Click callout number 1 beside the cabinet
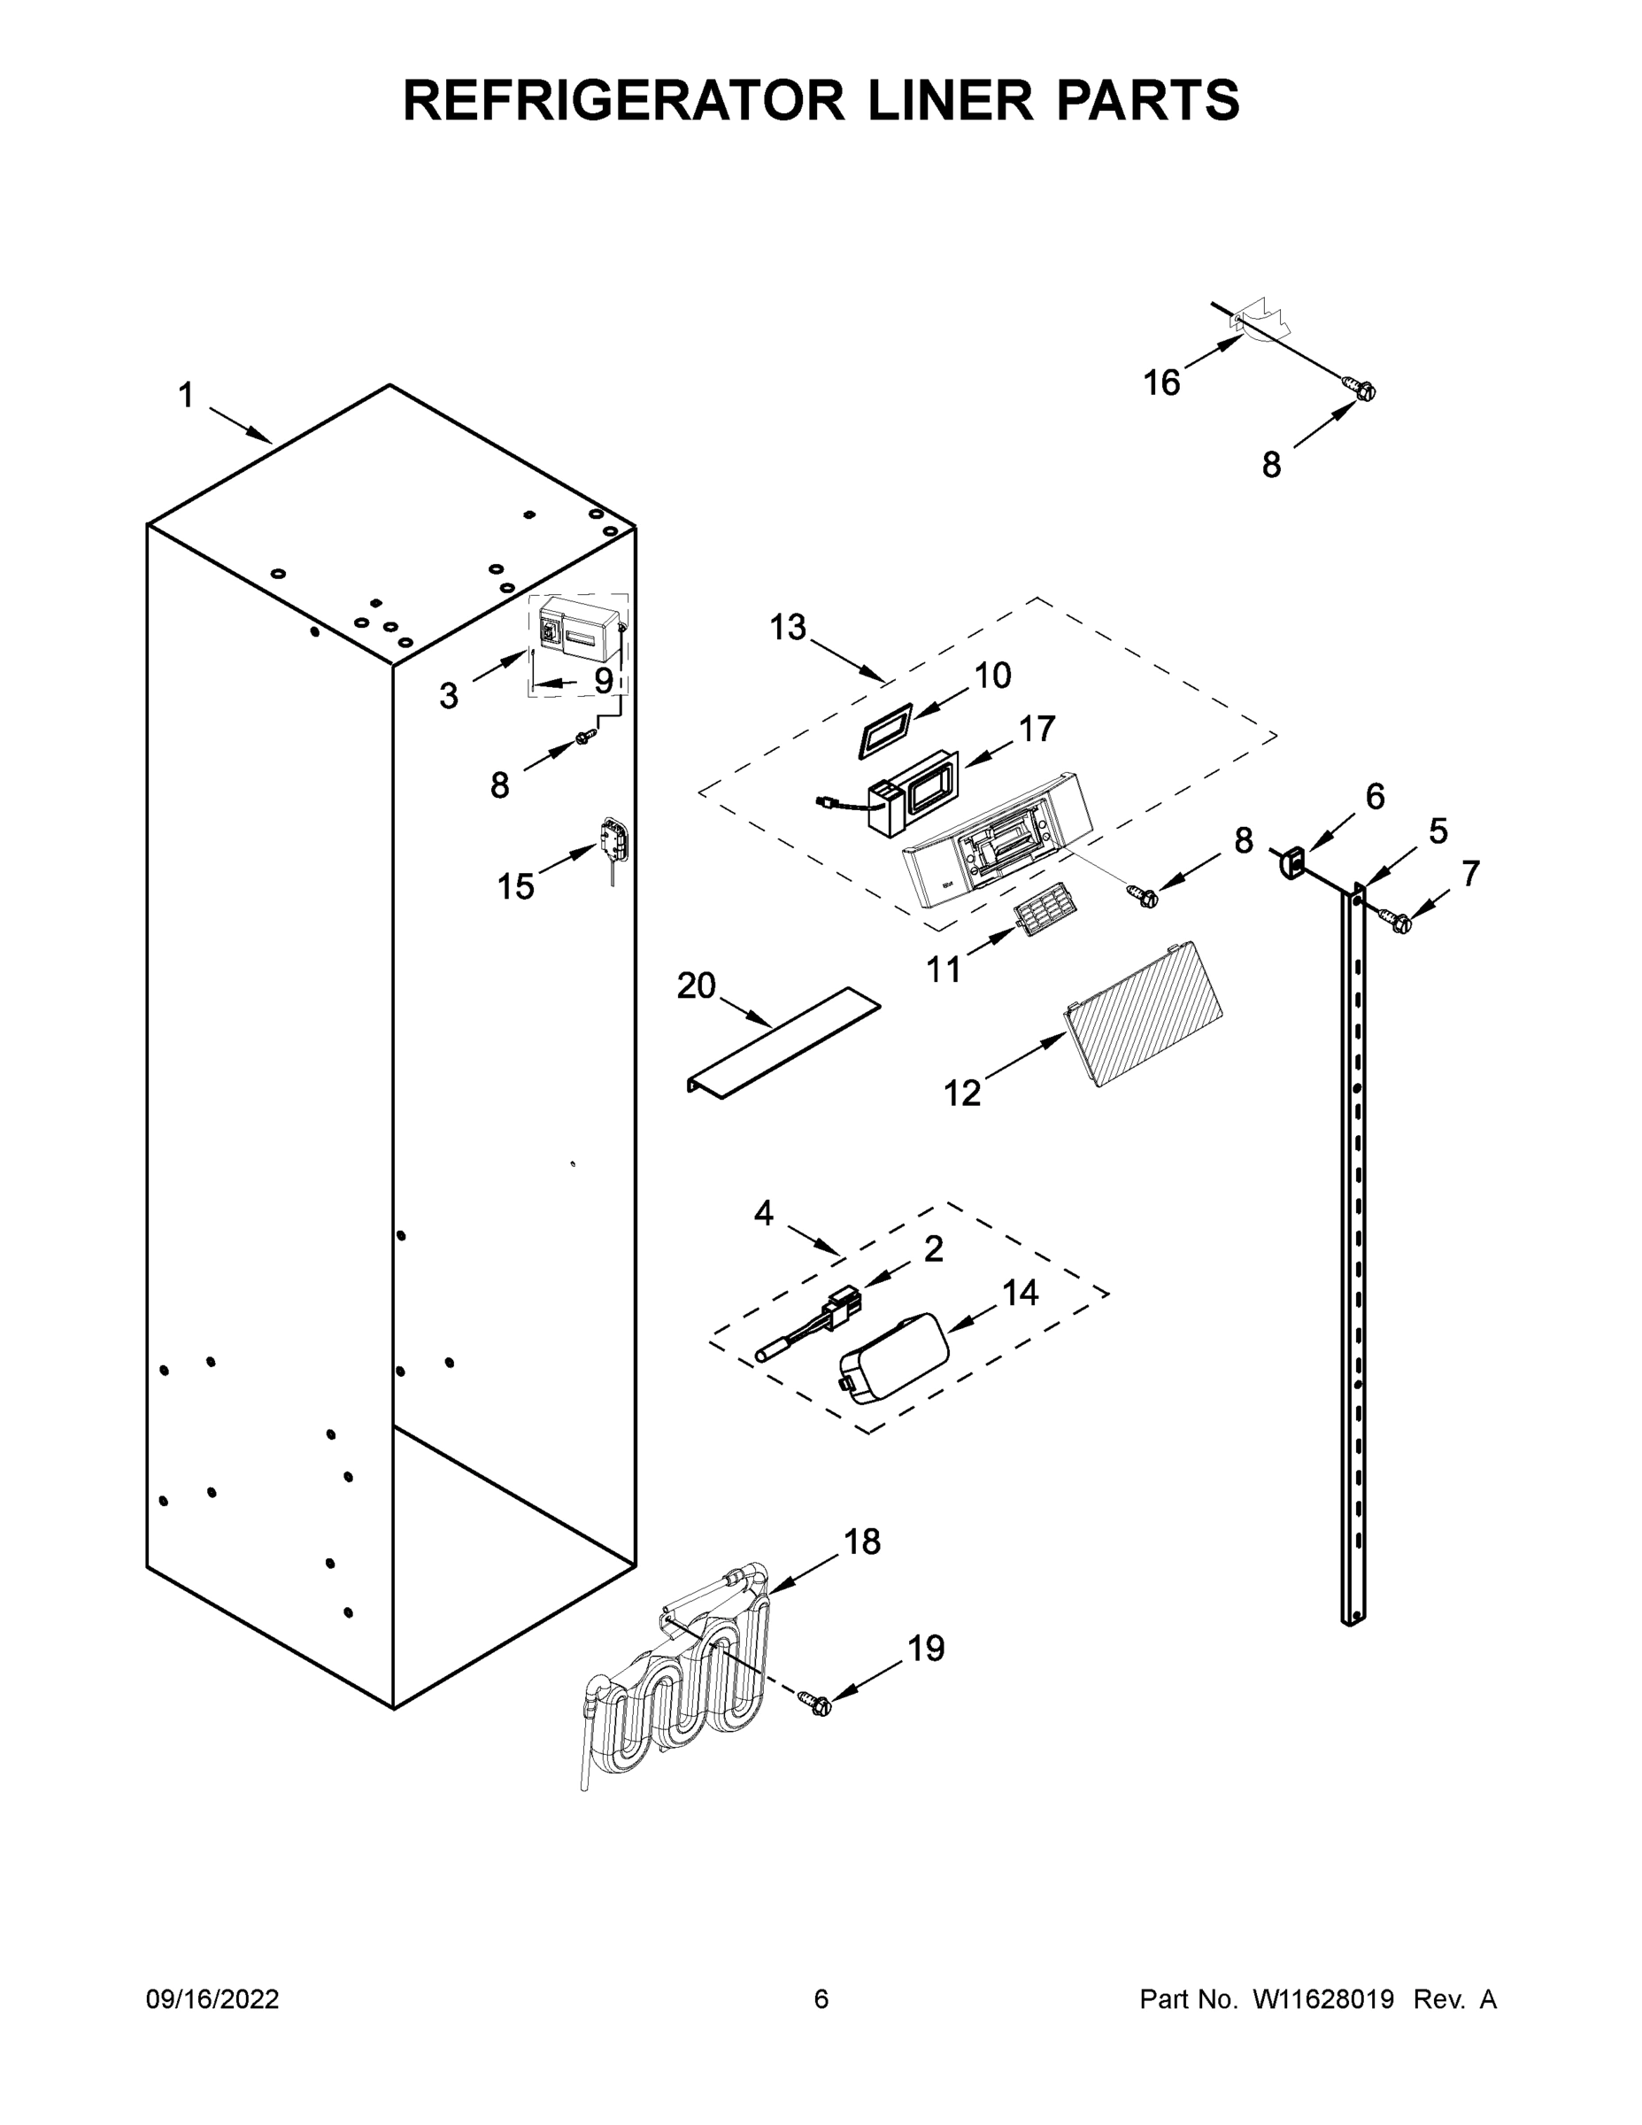pos(186,396)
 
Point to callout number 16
pos(1161,382)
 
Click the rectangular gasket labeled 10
pos(884,730)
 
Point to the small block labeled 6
pos(1291,863)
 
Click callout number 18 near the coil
pos(862,1542)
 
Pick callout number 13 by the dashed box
pos(788,628)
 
